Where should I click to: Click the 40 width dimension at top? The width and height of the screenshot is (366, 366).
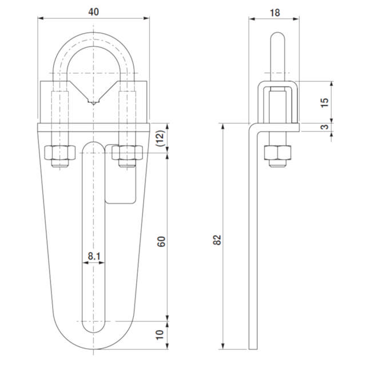click(x=93, y=11)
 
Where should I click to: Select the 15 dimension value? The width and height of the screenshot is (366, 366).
click(x=324, y=102)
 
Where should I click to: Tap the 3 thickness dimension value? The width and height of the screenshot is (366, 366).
click(x=324, y=127)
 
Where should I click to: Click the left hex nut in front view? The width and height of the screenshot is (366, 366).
click(x=59, y=153)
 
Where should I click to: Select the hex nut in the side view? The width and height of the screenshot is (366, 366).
click(x=277, y=153)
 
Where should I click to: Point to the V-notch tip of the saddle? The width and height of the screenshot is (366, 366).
click(x=93, y=103)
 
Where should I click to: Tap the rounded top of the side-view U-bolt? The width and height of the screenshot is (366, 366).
click(x=277, y=38)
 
